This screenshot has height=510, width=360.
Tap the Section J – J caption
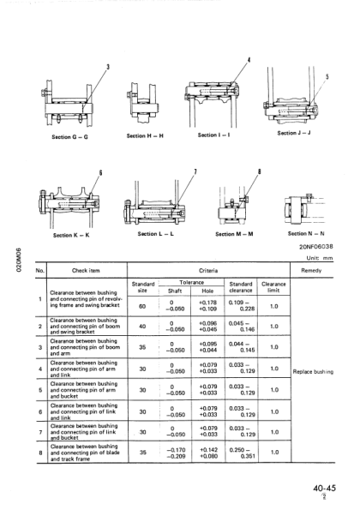point(299,134)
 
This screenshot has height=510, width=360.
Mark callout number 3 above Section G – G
point(108,67)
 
